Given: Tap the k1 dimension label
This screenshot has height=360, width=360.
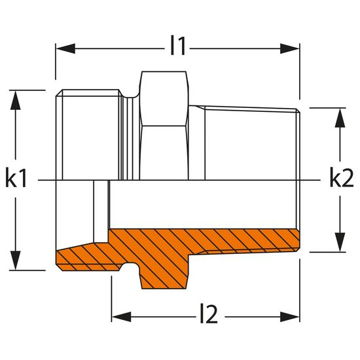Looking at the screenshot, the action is [16, 178].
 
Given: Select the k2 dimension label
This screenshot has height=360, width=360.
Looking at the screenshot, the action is [342, 178].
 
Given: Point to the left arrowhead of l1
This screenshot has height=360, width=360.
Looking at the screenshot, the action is [65, 48].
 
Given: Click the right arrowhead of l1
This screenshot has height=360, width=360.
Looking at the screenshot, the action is [290, 48].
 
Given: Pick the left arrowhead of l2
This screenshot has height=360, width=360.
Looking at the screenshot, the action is [122, 317].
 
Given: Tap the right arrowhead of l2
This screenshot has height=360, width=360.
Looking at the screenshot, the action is [290, 317].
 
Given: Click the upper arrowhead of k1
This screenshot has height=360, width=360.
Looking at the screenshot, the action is [16, 100].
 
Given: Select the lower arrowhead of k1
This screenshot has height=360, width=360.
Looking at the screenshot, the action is [16, 260].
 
